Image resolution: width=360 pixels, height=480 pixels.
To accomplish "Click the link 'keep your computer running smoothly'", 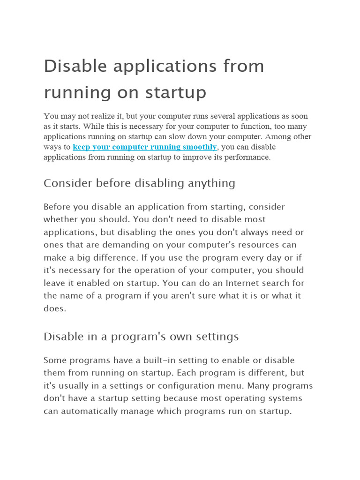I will [145, 147].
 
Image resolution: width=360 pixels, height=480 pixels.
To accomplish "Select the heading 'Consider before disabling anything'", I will [139, 183].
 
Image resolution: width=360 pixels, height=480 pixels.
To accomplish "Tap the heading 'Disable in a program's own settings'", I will [141, 337].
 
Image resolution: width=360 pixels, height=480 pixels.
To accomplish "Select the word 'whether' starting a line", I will [61, 219].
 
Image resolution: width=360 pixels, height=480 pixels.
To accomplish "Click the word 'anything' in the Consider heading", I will [213, 183].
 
